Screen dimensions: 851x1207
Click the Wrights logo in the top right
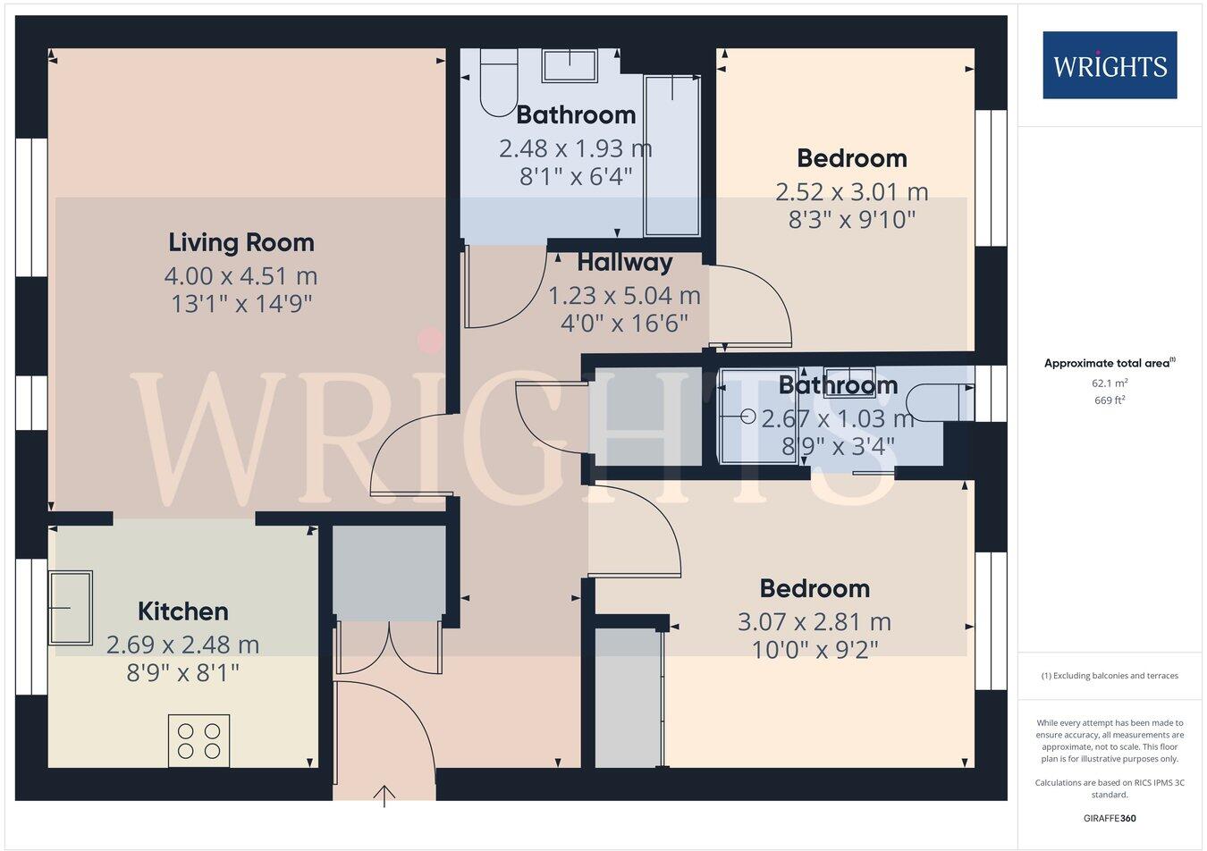[1110, 65]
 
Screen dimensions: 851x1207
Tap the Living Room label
[241, 242]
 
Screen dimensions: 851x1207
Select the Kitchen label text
[183, 611]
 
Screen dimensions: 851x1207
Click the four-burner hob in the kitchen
[198, 740]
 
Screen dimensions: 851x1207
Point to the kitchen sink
[71, 608]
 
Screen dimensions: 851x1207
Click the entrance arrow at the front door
[384, 795]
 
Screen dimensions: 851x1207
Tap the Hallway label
[624, 262]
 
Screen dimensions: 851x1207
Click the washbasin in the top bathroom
[570, 66]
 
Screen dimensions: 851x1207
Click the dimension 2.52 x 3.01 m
[851, 192]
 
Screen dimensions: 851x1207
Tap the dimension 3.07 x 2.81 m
[814, 621]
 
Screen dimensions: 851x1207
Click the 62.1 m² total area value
[1110, 383]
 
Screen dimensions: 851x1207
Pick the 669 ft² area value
[1110, 400]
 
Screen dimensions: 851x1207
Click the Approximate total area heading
[1110, 363]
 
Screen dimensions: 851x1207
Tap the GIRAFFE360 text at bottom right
[1110, 817]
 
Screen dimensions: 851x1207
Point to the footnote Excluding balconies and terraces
[1110, 676]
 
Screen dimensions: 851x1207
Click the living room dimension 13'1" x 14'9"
[241, 304]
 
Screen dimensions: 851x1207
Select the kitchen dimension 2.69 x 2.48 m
[183, 645]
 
